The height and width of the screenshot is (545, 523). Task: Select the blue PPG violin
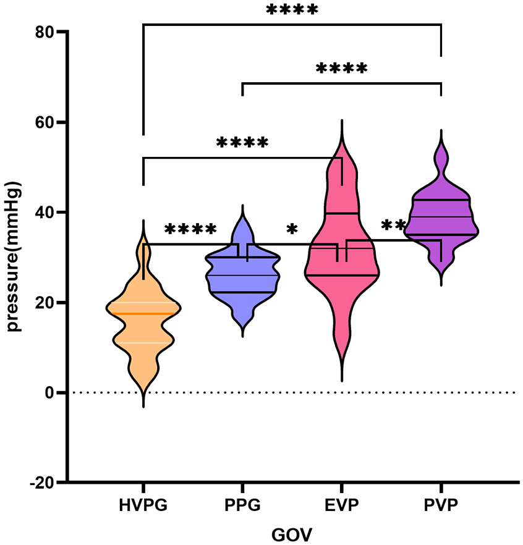[243, 278]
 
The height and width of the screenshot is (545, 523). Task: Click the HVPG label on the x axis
[143, 505]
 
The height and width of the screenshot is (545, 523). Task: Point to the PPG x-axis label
[243, 505]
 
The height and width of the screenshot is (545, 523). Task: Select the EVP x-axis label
[342, 505]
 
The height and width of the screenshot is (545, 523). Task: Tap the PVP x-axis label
[441, 505]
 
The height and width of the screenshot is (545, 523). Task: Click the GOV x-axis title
[292, 534]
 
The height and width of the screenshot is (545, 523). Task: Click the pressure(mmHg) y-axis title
[14, 256]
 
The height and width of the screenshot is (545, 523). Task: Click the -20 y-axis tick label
[42, 483]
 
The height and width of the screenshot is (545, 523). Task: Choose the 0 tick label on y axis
[49, 392]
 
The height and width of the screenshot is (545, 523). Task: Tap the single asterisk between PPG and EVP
[292, 229]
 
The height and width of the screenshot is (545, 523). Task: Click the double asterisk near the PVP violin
[393, 225]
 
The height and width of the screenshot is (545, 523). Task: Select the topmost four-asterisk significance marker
[292, 9]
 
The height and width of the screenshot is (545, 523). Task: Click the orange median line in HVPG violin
[143, 314]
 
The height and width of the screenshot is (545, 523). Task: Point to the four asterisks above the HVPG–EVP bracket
[242, 143]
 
